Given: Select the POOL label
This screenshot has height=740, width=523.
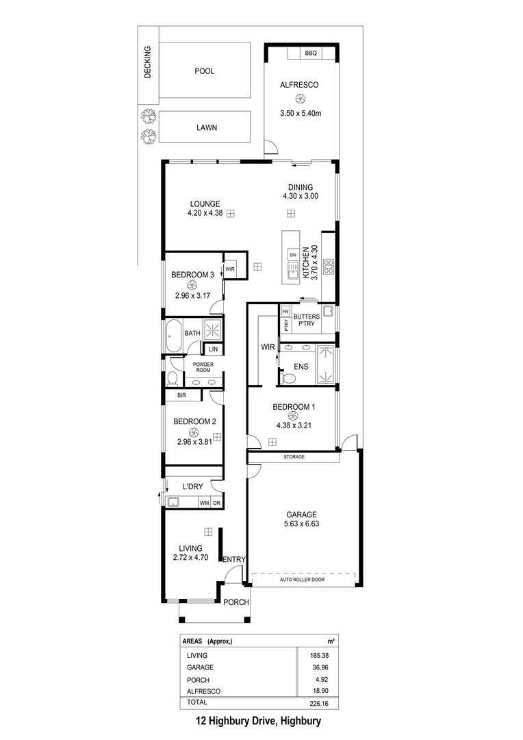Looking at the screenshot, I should tap(204, 71).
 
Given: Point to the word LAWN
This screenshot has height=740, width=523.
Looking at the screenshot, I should tap(204, 127).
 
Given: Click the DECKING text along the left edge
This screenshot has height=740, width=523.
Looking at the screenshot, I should tap(147, 62).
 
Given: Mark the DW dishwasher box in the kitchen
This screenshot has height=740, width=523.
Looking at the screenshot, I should tap(292, 255).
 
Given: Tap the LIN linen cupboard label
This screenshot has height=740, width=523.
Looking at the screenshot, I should tap(214, 349).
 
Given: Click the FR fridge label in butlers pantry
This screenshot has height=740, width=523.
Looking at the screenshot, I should tap(285, 310).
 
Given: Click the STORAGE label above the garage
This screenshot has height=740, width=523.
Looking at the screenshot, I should tap(293, 456).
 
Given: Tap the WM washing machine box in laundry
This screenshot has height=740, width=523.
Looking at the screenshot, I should tap(203, 502).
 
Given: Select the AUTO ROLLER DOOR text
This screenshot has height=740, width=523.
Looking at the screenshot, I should tap(302, 580).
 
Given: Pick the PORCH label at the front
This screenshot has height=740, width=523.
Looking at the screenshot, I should tap(236, 602).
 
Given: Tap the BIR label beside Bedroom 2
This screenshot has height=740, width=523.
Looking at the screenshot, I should tap(182, 395).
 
